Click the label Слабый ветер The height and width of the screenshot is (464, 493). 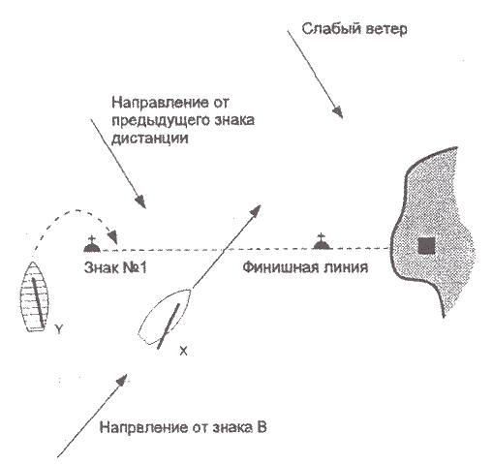[x=354, y=29]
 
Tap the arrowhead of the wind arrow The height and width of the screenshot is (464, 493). [x=337, y=112]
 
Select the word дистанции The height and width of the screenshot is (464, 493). [x=150, y=138]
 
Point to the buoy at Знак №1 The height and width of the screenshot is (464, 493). [x=92, y=244]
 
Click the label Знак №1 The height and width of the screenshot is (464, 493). [x=115, y=267]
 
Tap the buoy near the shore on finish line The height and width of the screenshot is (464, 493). [x=323, y=241]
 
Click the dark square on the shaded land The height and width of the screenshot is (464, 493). [x=426, y=246]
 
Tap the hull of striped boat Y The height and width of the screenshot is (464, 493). [x=34, y=296]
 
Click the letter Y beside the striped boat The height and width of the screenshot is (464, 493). [x=58, y=329]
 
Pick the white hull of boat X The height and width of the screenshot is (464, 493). [x=165, y=317]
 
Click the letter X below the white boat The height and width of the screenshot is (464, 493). [x=183, y=351]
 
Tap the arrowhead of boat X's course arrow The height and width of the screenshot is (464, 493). [x=255, y=211]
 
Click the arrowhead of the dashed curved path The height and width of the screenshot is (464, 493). [x=113, y=236]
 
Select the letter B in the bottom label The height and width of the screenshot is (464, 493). [x=262, y=427]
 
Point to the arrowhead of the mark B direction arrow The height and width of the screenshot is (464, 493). [x=122, y=380]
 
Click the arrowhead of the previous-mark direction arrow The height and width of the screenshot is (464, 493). [x=140, y=201]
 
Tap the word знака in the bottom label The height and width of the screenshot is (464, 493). [x=232, y=427]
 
